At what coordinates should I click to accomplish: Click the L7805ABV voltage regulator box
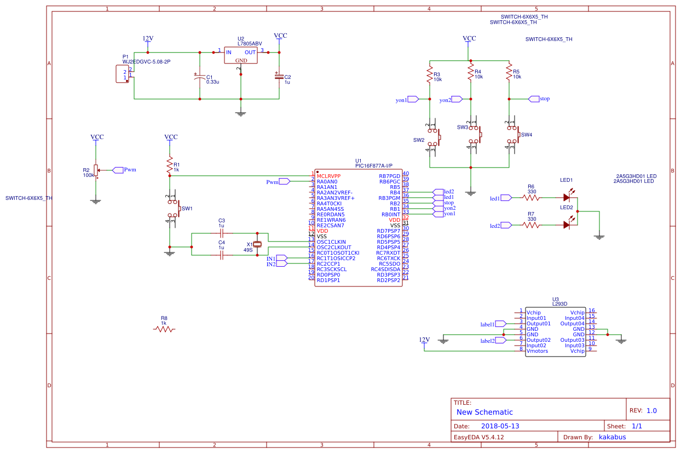(241, 55)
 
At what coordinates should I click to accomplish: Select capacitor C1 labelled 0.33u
(199, 78)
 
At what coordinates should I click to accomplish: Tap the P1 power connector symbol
(122, 74)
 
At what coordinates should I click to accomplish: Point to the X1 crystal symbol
(257, 244)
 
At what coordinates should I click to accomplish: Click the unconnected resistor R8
(164, 329)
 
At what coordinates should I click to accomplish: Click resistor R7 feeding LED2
(532, 225)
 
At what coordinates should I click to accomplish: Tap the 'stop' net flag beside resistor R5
(539, 99)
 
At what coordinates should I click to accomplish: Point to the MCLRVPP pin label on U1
(328, 176)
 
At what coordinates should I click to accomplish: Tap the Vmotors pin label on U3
(537, 351)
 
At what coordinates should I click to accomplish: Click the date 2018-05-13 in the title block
(500, 426)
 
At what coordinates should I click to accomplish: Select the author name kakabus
(612, 437)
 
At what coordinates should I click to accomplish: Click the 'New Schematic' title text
(484, 412)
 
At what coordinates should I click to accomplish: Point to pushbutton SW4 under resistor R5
(513, 134)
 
